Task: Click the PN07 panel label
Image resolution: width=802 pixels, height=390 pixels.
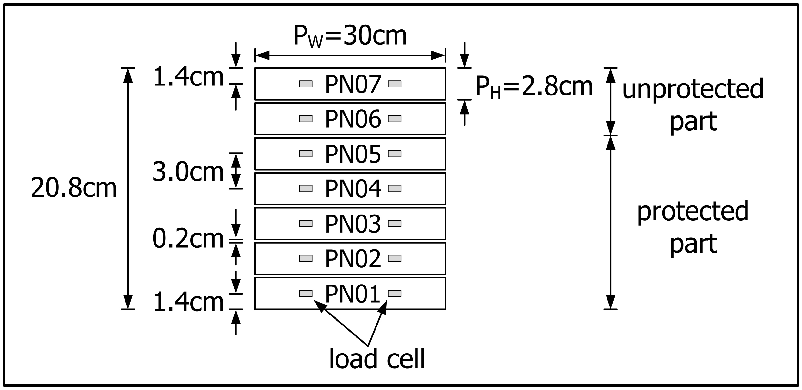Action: pyautogui.click(x=353, y=84)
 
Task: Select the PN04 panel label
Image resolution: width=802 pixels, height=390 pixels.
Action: pyautogui.click(x=353, y=189)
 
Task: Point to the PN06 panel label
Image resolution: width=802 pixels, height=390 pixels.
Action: pyautogui.click(x=353, y=119)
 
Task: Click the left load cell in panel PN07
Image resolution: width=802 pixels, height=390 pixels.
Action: pyautogui.click(x=306, y=84)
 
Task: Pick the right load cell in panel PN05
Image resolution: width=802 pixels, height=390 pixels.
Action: pyautogui.click(x=395, y=154)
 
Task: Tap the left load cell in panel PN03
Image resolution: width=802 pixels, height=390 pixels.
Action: pyautogui.click(x=306, y=224)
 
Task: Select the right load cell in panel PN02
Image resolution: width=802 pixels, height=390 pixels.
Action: pyautogui.click(x=395, y=258)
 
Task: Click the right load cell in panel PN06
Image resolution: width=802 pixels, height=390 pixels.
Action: pyautogui.click(x=395, y=119)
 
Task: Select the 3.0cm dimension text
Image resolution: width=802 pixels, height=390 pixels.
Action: pyautogui.click(x=188, y=172)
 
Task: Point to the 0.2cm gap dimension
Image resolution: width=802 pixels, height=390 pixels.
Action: pyautogui.click(x=188, y=239)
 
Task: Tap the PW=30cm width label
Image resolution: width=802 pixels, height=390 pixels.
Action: pyautogui.click(x=350, y=36)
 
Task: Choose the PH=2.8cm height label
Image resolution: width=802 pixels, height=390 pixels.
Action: pyautogui.click(x=534, y=87)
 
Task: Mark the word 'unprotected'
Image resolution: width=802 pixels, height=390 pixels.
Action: pyautogui.click(x=693, y=90)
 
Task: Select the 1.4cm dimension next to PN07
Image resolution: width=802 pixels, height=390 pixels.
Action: pyautogui.click(x=188, y=77)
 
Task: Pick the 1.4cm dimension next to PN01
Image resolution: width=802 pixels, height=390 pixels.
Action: pyautogui.click(x=188, y=303)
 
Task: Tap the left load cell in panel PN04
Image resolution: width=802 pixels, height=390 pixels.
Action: pyautogui.click(x=306, y=188)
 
